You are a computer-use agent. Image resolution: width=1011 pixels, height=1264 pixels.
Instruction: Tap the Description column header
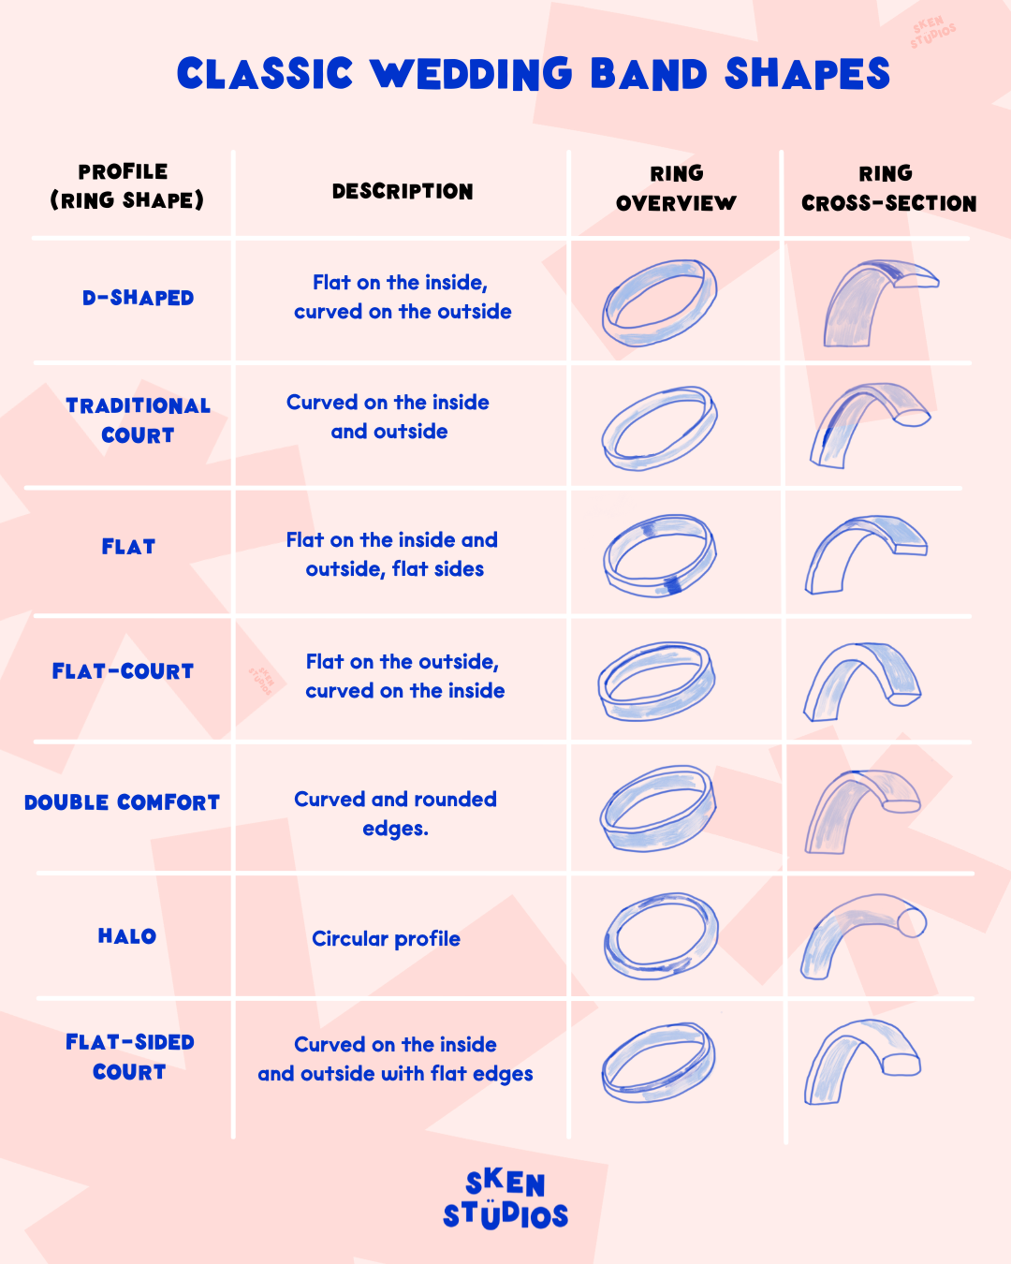coord(403,191)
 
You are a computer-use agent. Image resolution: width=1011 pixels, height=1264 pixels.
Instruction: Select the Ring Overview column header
coord(676,188)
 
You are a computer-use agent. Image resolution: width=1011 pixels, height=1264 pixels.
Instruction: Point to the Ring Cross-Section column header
coord(888,188)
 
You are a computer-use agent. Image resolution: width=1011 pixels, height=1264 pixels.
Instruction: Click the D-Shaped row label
coord(138,298)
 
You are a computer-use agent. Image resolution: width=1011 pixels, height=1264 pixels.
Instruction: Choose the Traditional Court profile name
coord(138,420)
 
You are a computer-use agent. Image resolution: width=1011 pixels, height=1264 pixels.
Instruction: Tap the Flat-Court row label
coord(123,671)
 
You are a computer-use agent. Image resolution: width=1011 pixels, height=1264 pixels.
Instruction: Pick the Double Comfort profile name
coord(122,802)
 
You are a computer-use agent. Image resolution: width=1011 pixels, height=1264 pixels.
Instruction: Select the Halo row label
coord(127,936)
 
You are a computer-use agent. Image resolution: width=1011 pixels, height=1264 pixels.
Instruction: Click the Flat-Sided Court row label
coord(129,1057)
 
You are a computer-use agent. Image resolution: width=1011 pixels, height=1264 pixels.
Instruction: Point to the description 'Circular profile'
coord(386,938)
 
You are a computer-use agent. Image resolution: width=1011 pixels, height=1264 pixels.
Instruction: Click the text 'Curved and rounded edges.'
coord(395,814)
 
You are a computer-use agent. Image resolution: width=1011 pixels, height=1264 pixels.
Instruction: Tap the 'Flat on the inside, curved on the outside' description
coord(403,297)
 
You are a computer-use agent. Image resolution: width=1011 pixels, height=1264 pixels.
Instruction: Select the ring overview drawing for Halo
coord(661,935)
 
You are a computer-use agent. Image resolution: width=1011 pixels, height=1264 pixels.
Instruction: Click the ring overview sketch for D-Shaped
coord(660,302)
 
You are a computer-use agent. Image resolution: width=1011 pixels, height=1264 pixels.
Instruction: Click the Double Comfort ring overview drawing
coord(658,808)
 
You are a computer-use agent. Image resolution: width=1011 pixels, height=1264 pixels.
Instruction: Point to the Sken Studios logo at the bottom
coord(505,1199)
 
